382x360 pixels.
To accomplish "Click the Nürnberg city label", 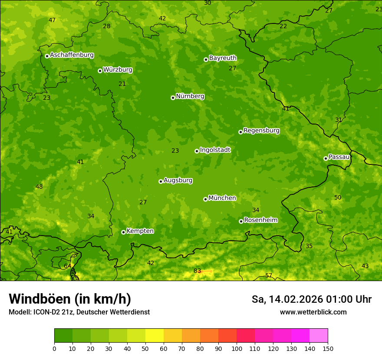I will point(190,96).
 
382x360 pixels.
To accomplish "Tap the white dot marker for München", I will point(205,199).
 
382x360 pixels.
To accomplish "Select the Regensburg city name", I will point(261,131).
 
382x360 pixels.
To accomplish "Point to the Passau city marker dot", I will point(326,158).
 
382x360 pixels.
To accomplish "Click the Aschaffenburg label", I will point(72,55).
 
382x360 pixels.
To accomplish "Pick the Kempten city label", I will point(140,231).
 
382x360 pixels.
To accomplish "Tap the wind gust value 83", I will point(197,271).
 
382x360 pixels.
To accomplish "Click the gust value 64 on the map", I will point(67,266).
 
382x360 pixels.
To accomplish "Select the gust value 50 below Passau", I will point(338,198).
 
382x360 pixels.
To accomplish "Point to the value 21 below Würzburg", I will point(122,84).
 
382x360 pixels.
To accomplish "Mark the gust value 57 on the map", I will point(269,275).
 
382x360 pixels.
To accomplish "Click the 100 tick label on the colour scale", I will point(237,348).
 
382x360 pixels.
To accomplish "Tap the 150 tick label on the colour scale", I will point(328,348).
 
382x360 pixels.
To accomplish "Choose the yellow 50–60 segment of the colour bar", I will point(155,336).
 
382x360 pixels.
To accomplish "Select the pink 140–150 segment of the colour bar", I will point(319,336).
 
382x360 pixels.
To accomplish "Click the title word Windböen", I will point(40,299).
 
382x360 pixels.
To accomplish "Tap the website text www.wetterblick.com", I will point(313,312).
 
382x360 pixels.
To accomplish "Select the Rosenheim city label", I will point(260,220).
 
